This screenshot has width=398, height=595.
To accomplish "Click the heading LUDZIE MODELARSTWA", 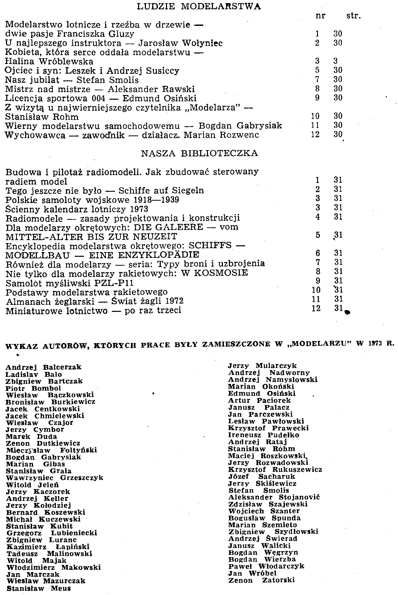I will click(199, 7).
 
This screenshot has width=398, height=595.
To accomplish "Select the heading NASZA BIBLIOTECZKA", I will click(199, 153).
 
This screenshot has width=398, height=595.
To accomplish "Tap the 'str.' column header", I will click(353, 16).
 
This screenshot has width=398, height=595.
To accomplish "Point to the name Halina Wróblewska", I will click(49, 62).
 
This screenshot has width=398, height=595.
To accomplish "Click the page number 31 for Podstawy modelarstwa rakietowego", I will click(338, 290).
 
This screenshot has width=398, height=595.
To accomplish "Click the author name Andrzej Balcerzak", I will click(43, 367).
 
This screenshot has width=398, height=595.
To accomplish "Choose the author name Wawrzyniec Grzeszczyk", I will click(55, 478).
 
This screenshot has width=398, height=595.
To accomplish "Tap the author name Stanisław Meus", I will click(39, 588).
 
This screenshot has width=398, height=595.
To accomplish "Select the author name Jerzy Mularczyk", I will click(262, 366).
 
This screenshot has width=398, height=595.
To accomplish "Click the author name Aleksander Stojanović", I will click(274, 497).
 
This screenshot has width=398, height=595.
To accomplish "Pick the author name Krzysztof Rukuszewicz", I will click(275, 469).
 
